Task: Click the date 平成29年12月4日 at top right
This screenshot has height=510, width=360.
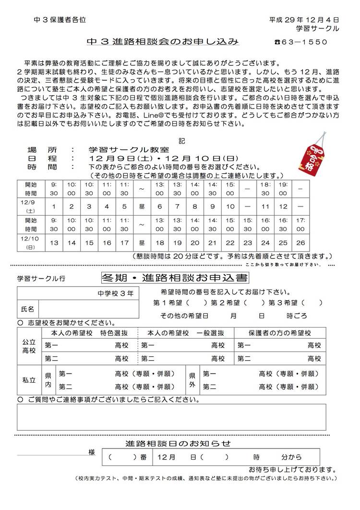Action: [x=304, y=20]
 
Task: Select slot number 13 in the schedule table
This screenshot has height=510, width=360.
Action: [x=54, y=243]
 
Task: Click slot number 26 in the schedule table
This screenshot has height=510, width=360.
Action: [x=300, y=243]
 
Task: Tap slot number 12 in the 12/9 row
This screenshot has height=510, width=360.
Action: [x=283, y=206]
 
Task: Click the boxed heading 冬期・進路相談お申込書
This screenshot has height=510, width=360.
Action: [x=175, y=278]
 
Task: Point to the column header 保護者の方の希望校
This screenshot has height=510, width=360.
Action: [x=279, y=333]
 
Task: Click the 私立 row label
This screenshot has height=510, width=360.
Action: [x=29, y=380]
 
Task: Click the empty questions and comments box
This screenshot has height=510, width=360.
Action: [x=171, y=417]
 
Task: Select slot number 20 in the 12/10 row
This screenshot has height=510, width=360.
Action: [x=195, y=243]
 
